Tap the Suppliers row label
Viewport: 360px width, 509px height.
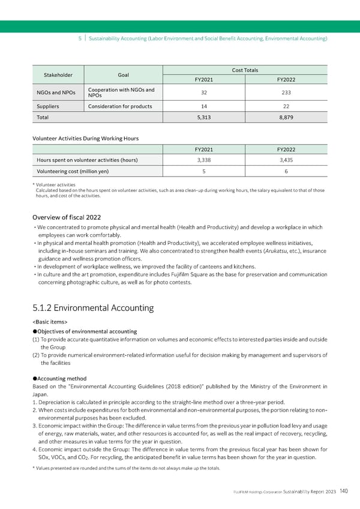pos(46,106)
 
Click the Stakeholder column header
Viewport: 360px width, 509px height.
pos(58,75)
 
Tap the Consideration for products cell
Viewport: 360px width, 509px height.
pos(120,106)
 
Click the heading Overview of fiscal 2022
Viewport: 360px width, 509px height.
pos(67,217)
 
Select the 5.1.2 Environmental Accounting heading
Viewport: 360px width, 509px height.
pos(93,308)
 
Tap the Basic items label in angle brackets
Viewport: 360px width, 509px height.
pos(50,322)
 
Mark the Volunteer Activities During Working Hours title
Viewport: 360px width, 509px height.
pos(85,138)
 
